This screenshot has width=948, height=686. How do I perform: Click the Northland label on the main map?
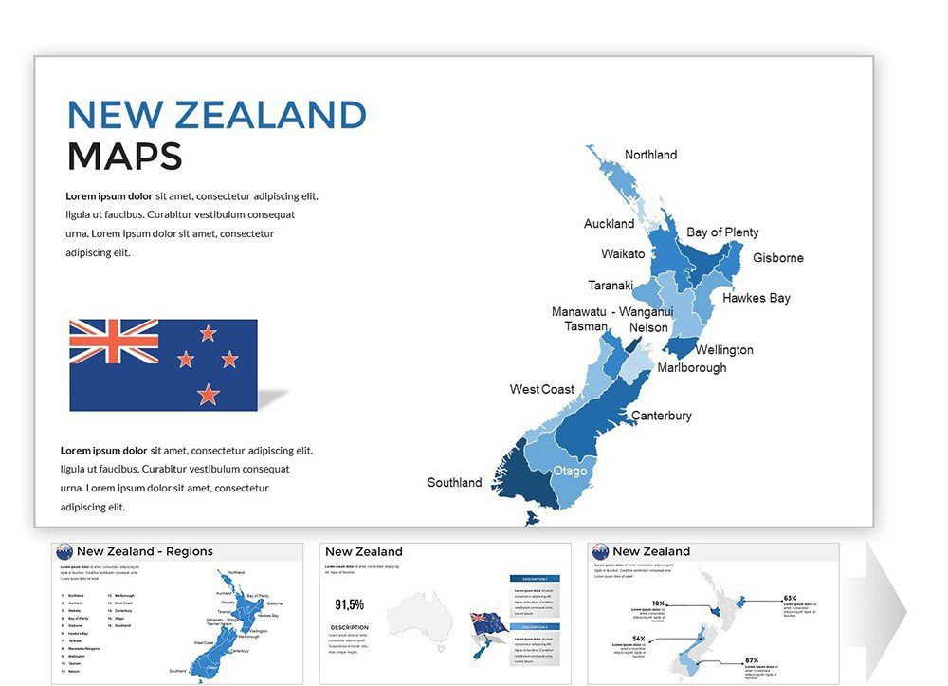pyautogui.click(x=650, y=155)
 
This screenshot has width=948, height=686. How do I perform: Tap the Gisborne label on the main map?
pyautogui.click(x=777, y=258)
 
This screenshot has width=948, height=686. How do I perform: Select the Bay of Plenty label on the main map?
pyautogui.click(x=722, y=232)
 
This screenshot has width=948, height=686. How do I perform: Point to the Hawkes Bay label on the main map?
pyautogui.click(x=756, y=298)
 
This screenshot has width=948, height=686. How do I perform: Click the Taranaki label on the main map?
pyautogui.click(x=611, y=286)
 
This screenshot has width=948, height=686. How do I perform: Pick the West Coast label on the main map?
pyautogui.click(x=541, y=389)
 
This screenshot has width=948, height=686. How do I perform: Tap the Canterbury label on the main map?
pyautogui.click(x=662, y=416)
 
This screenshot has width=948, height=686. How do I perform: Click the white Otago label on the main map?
pyautogui.click(x=571, y=472)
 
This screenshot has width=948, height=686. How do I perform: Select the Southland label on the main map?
pyautogui.click(x=454, y=482)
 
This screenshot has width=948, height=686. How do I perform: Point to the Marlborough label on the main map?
pyautogui.click(x=692, y=367)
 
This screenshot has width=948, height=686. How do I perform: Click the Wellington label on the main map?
pyautogui.click(x=724, y=350)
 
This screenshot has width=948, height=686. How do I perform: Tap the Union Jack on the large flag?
pyautogui.click(x=114, y=342)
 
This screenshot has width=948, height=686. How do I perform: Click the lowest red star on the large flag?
pyautogui.click(x=209, y=394)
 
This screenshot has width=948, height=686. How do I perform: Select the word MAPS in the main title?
pyautogui.click(x=124, y=157)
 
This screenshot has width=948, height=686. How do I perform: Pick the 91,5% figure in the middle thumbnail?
pyautogui.click(x=350, y=604)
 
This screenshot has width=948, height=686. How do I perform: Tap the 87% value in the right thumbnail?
pyautogui.click(x=751, y=659)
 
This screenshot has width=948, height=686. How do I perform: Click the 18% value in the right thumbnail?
pyautogui.click(x=658, y=603)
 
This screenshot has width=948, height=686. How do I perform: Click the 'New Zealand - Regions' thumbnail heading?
pyautogui.click(x=144, y=551)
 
